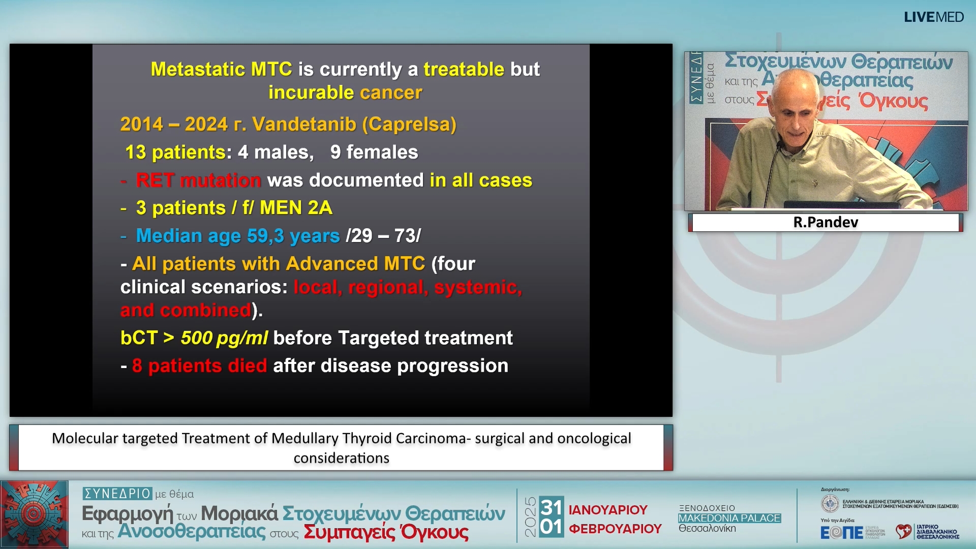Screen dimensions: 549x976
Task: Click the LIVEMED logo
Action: click(933, 17)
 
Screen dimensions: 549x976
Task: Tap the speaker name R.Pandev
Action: click(826, 222)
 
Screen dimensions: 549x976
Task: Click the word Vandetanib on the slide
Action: click(304, 125)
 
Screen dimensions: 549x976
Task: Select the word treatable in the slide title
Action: click(464, 69)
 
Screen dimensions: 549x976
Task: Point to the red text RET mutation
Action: click(198, 180)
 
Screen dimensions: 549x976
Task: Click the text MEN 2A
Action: click(296, 208)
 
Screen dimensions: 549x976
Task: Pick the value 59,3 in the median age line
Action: click(265, 236)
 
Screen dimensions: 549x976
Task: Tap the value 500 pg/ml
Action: click(224, 338)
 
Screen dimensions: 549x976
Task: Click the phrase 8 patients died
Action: click(199, 366)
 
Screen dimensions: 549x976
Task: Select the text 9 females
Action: click(374, 152)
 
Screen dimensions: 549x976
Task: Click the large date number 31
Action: click(551, 507)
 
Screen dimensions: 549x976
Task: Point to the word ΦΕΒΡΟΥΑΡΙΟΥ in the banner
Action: click(615, 529)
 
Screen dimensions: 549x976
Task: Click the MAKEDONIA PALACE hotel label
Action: click(729, 518)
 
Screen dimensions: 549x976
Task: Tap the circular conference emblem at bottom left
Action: click(34, 514)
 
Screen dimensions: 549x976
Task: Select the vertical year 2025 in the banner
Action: click(530, 517)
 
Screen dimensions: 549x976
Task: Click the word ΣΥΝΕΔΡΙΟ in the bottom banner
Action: click(117, 494)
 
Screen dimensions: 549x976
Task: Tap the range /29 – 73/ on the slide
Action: click(383, 236)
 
